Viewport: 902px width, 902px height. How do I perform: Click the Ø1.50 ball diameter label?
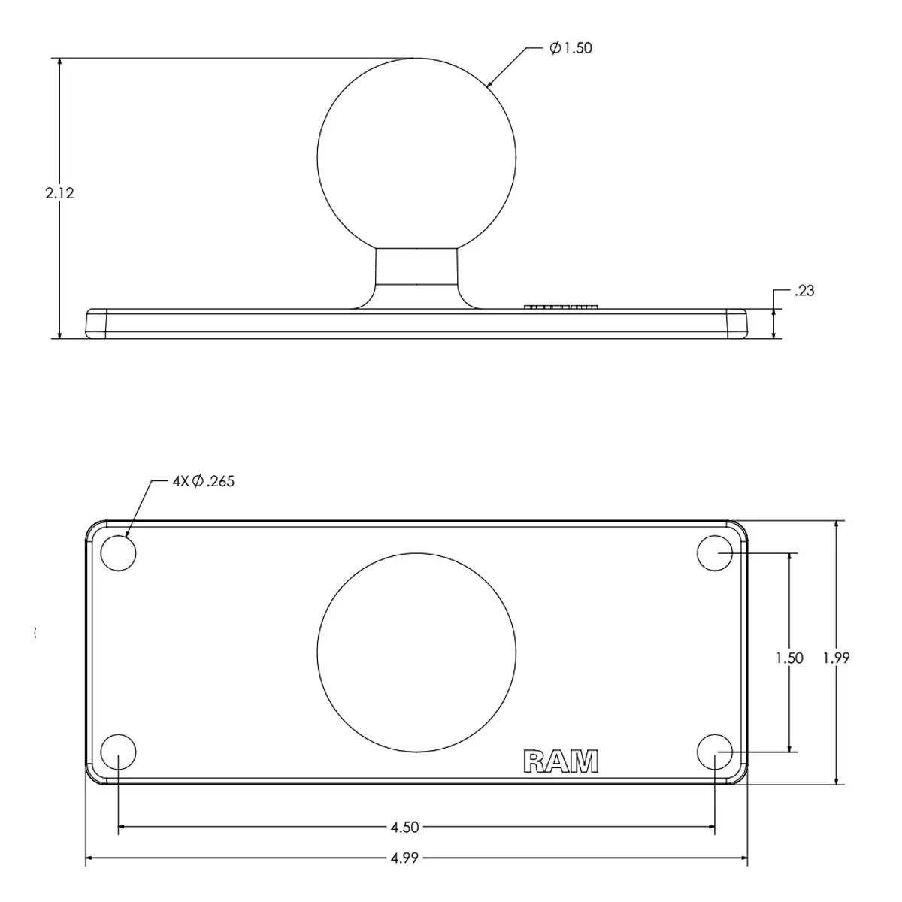[571, 48]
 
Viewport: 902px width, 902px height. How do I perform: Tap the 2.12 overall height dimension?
[59, 193]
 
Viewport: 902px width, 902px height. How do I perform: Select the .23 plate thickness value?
[804, 291]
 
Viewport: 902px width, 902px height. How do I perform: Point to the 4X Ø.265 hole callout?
[203, 481]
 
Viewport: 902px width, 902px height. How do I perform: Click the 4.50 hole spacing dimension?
[404, 827]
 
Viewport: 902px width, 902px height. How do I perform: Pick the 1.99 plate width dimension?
[836, 658]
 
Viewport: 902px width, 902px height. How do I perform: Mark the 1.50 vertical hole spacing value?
[789, 658]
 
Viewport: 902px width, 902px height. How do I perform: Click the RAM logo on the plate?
[561, 761]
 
